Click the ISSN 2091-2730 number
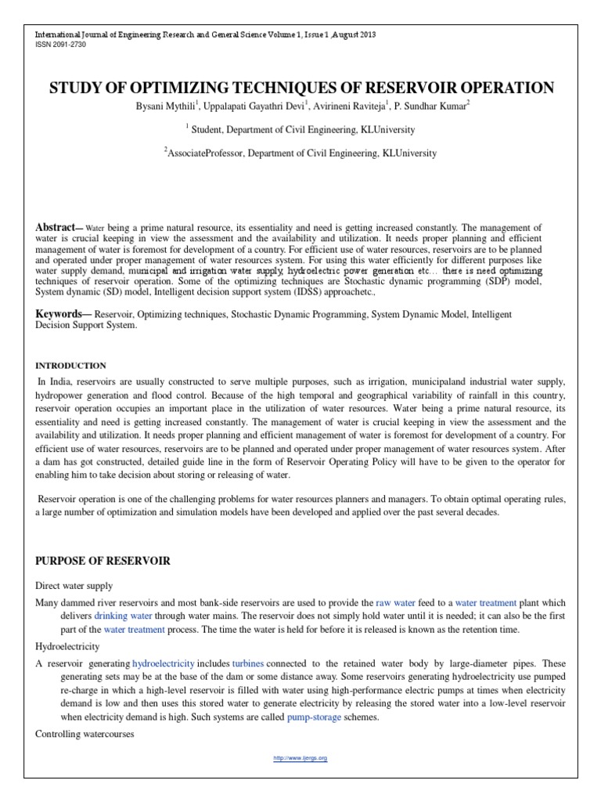coord(58,45)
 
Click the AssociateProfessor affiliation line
coord(302,154)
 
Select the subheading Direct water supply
coord(74,586)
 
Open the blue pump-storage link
coord(314,717)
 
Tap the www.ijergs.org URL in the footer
coord(300,759)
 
